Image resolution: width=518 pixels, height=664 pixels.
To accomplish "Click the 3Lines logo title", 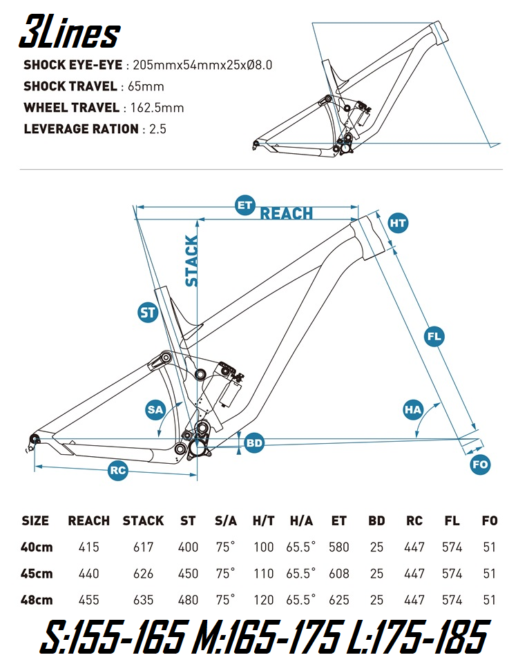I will coord(69,32).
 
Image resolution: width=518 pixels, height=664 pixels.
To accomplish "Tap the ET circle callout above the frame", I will coord(244,206).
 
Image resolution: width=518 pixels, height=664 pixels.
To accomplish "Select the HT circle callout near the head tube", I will coord(398,223).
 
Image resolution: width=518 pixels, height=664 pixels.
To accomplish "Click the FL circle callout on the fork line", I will coord(434,337).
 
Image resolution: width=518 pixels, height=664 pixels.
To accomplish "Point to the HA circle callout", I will coord(412,409).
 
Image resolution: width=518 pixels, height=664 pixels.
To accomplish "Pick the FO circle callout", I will coord(480,465).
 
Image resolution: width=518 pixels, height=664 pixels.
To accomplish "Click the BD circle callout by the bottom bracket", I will coord(255,442).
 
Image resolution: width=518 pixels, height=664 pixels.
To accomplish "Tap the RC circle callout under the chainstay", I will coord(118,471).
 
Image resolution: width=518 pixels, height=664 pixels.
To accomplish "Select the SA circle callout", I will coord(155,409).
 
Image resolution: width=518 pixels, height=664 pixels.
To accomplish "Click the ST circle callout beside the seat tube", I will coord(148,313).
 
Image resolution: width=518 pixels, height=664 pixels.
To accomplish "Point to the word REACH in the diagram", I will coord(286,214).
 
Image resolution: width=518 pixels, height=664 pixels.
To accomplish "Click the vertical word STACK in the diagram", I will coord(191,261).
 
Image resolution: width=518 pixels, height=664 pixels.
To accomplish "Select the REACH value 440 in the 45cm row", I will coord(88,573).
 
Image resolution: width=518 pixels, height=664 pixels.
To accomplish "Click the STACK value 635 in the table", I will coord(143,599).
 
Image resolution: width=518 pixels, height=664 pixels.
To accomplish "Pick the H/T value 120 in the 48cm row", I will coord(263,599).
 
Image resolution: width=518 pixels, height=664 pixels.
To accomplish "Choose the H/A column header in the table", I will coord(300,520).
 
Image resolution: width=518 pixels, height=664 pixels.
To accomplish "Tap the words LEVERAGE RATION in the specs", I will coord(80,129).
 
